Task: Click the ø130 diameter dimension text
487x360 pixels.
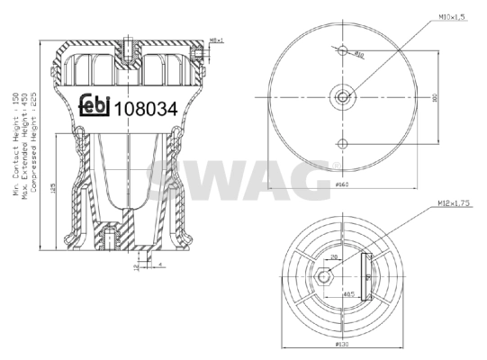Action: pyautogui.click(x=342, y=345)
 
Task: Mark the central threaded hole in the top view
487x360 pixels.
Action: pyautogui.click(x=343, y=95)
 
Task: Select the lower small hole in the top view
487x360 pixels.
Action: pyautogui.click(x=343, y=143)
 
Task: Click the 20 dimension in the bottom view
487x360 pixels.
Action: pyautogui.click(x=332, y=256)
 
